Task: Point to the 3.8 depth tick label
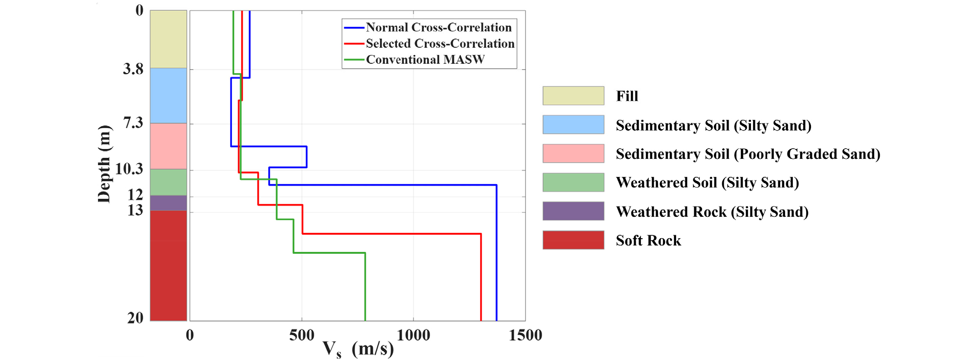coord(133,69)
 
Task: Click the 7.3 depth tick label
coord(133,123)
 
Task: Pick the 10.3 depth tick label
coord(129,169)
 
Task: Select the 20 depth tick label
coord(135,318)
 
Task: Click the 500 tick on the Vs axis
coord(301,335)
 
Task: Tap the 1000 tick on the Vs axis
coord(414,335)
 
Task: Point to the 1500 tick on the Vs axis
coord(525,335)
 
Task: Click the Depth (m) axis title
coord(104,164)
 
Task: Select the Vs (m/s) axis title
coord(358,349)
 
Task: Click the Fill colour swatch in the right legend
coord(573,96)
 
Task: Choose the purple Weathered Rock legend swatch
coord(573,211)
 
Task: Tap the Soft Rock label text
coord(648,240)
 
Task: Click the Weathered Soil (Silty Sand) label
coord(707,183)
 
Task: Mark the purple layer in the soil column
coord(169,203)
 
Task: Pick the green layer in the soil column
coord(169,182)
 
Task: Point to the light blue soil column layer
coord(169,95)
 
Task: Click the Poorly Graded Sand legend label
coord(748,154)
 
